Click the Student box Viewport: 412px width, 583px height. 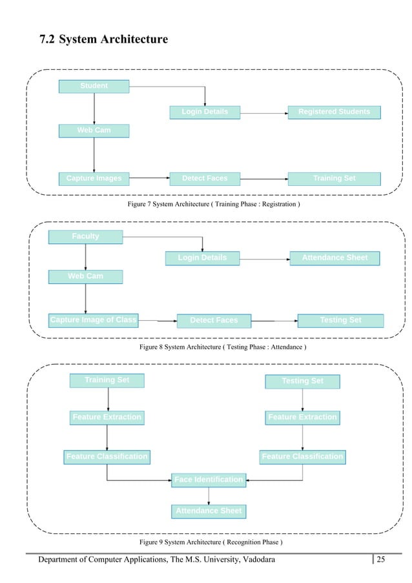[x=94, y=86]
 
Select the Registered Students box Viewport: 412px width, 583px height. [x=334, y=112]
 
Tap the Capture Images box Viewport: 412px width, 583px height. [x=94, y=178]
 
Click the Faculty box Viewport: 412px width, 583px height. [x=85, y=237]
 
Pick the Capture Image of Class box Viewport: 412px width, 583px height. [x=93, y=320]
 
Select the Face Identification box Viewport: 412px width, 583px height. [x=208, y=480]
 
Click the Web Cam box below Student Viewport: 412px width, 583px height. [x=94, y=130]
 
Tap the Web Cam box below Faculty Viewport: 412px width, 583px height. [x=85, y=277]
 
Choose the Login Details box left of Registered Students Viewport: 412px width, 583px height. [x=205, y=112]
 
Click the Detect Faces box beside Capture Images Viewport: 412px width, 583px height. [x=205, y=178]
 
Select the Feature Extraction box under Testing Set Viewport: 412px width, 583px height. [x=302, y=418]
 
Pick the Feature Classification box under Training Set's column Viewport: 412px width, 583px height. [x=107, y=457]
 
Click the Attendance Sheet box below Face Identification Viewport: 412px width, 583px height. [x=208, y=511]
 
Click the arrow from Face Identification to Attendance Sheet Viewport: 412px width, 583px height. [x=208, y=495]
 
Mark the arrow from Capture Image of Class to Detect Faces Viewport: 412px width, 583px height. [x=158, y=320]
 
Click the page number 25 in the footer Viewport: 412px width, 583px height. [x=380, y=558]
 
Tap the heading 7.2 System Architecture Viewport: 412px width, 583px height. [x=104, y=40]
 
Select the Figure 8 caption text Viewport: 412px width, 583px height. [x=223, y=347]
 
